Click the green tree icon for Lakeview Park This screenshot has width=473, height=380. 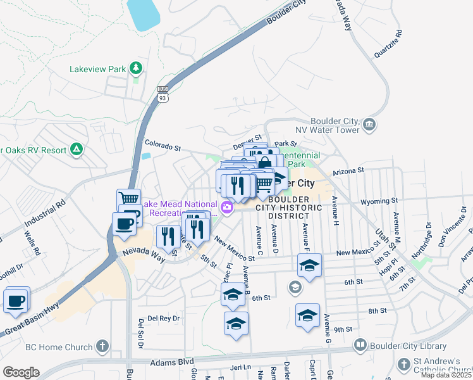[135, 68]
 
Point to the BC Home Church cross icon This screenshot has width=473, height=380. [102, 346]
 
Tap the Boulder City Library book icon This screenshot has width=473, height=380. [360, 345]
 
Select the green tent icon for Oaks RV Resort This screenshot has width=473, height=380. [77, 149]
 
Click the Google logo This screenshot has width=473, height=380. [20, 372]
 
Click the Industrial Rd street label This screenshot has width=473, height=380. [46, 215]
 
